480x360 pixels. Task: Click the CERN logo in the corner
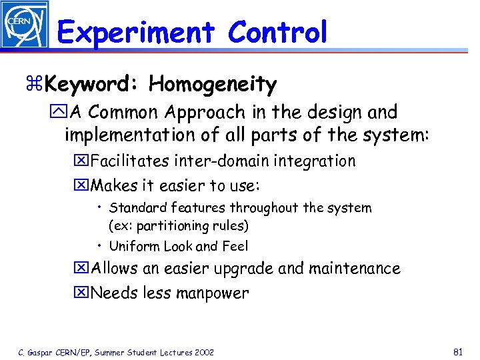[x=25, y=25]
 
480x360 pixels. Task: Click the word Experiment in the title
[x=135, y=32]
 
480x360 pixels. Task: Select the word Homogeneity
[x=213, y=85]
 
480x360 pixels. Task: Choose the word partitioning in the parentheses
[x=167, y=225]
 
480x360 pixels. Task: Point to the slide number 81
[x=458, y=351]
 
